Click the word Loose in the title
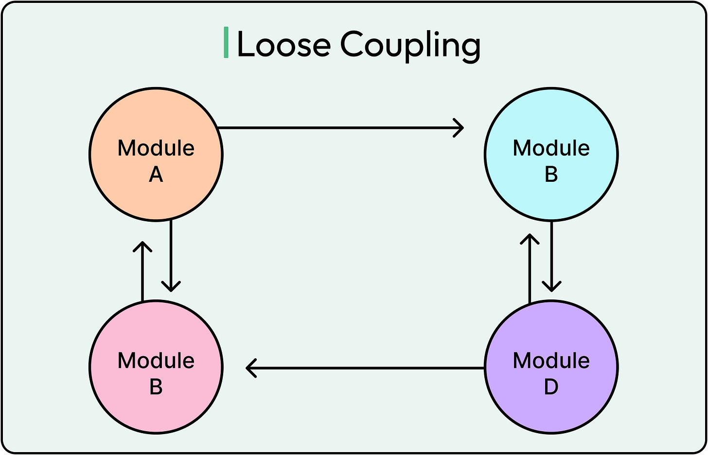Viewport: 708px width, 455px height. [x=283, y=45]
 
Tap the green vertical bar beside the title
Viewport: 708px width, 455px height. [x=226, y=43]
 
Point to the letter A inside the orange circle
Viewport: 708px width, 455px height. [x=156, y=175]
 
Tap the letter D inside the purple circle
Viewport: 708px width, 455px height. [x=551, y=387]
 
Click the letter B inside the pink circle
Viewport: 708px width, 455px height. [x=156, y=387]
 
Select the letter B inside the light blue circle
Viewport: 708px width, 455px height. [x=551, y=175]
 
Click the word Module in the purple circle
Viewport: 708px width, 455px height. [x=551, y=361]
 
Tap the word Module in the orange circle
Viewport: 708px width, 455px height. [x=156, y=148]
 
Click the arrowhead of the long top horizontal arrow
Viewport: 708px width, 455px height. [x=460, y=128]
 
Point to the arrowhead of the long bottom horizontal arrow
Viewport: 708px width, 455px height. [x=250, y=368]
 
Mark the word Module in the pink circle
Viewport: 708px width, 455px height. [x=156, y=361]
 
